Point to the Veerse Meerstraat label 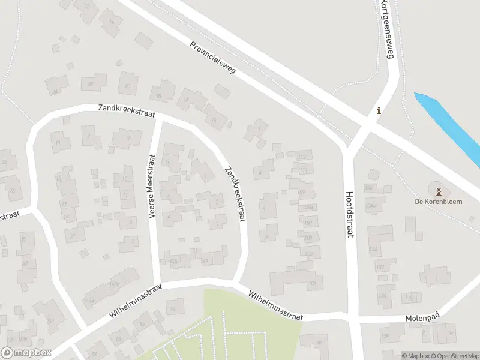[x=152, y=186]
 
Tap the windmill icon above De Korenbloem [x=439, y=191]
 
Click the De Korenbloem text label [x=439, y=202]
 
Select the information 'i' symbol [x=378, y=110]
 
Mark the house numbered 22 [x=91, y=83]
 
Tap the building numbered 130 [x=383, y=295]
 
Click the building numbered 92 [x=174, y=308]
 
